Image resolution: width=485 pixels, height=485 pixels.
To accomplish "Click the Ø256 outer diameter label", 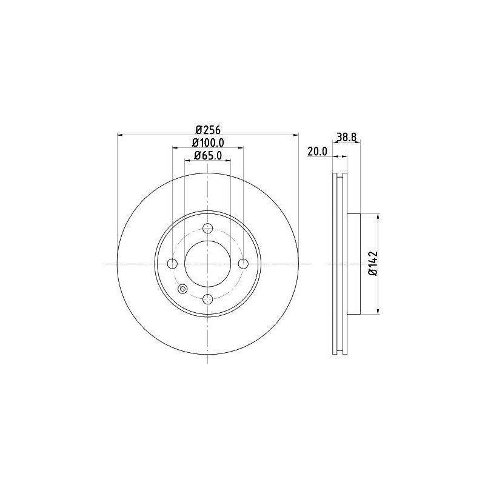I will (207, 129).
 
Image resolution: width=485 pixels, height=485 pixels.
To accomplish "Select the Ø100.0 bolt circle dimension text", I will (208, 142).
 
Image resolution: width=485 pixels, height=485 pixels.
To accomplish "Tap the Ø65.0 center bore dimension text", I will (208, 156).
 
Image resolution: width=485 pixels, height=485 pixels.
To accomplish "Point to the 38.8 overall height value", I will (346, 138).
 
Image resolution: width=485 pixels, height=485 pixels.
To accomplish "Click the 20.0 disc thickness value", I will (318, 152).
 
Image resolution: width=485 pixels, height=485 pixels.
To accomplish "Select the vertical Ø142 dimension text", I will (372, 264).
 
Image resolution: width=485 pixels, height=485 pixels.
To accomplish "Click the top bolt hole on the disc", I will (208, 229).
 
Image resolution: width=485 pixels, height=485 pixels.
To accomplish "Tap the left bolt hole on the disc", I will (172, 264).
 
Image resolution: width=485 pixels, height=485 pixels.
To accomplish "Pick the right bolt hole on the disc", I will (243, 264).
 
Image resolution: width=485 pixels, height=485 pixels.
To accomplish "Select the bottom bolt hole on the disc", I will (208, 299).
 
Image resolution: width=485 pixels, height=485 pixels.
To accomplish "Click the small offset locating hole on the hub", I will (182, 289).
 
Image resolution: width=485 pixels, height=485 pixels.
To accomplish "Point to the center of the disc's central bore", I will (208, 264).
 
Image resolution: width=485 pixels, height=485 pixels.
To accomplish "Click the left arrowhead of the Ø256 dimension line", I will (119, 135).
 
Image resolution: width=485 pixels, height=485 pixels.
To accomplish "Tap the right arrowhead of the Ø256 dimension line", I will (296, 135).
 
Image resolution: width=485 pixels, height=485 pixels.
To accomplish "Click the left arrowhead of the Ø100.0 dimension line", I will (175, 148).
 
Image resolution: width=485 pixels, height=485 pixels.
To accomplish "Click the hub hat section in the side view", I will (354, 264).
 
